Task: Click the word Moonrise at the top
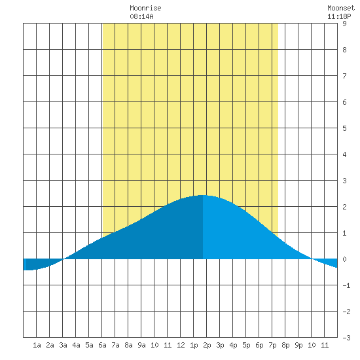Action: tap(145, 8)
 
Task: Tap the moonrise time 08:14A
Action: tap(141, 16)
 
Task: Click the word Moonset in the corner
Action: tap(341, 8)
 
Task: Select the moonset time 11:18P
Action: tap(339, 16)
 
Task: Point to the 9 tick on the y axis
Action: tap(344, 24)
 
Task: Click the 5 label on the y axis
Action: tap(344, 128)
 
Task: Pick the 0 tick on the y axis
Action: tap(344, 259)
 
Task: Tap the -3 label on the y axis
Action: tap(346, 338)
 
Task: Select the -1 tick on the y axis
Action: tap(346, 285)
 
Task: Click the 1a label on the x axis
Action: tap(37, 345)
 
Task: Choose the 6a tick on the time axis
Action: tap(102, 345)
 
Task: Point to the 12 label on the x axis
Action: tap(181, 345)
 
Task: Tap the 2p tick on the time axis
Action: tap(207, 345)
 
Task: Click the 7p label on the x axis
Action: tap(272, 345)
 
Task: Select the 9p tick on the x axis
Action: tap(298, 345)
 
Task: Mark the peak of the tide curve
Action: tap(203, 195)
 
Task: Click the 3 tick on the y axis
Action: tap(344, 181)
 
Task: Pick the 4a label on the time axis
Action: tap(76, 345)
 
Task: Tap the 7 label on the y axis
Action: tap(344, 76)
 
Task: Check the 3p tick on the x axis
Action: tap(220, 345)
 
